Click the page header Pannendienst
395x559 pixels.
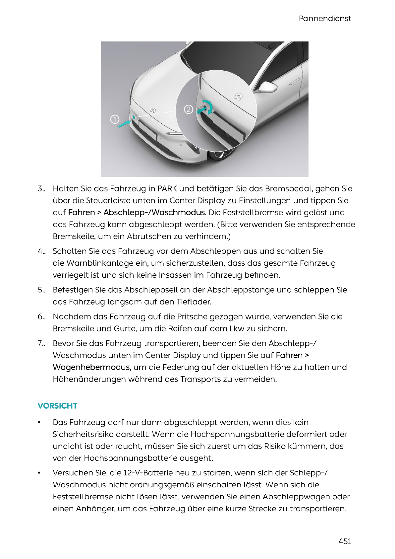325,19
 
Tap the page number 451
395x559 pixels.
345,541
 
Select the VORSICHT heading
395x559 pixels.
57,406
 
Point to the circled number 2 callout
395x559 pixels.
188,109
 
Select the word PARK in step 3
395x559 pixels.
167,189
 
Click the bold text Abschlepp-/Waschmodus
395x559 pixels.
154,213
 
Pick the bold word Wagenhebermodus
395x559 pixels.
91,367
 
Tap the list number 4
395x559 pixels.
41,251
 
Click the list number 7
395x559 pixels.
41,343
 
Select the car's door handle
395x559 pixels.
295,82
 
